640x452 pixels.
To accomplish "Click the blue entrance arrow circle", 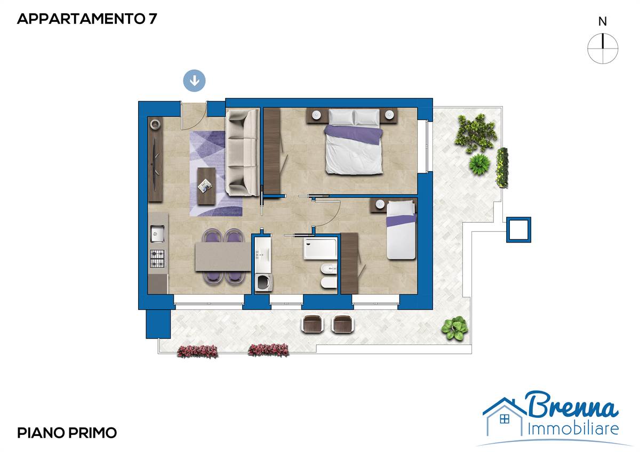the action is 194,80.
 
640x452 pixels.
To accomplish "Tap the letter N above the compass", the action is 603,22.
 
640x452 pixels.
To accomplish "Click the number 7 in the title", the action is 153,19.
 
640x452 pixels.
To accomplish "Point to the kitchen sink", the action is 157,233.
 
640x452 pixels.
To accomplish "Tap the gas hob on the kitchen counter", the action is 157,259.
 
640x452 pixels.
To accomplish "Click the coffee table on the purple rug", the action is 206,186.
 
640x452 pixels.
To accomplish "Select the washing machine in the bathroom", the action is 263,282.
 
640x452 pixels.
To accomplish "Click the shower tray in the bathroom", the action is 321,249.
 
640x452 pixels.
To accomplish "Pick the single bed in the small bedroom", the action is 401,230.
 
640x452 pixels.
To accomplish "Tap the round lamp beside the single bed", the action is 380,204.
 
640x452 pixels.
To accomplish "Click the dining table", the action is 223,256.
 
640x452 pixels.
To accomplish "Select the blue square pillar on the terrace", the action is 518,230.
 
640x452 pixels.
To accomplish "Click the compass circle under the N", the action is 603,49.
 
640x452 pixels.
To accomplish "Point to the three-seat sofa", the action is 242,153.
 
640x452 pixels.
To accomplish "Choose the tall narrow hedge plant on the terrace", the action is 502,167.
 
